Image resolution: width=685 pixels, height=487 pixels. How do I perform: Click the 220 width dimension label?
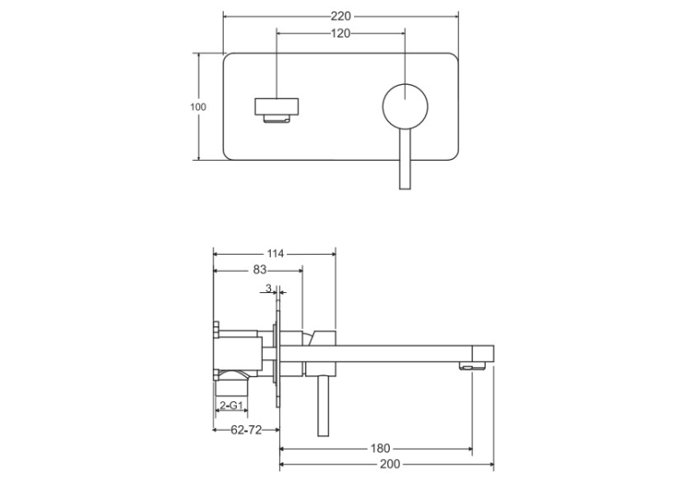tap(341, 16)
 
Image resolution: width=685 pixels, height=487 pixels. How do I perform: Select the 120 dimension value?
tap(341, 33)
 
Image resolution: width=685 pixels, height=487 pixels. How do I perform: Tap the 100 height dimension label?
tap(198, 107)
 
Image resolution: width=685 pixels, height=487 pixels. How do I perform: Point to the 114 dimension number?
tap(275, 254)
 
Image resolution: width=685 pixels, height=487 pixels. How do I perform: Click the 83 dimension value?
tap(259, 270)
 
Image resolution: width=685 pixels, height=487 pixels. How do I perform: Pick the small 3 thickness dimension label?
tap(268, 288)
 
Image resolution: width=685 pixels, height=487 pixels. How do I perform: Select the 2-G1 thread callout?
tap(231, 406)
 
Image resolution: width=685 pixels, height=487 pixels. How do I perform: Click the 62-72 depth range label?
tap(246, 430)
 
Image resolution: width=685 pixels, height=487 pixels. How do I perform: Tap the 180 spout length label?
tap(380, 449)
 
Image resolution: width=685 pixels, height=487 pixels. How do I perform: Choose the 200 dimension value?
tap(390, 464)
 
